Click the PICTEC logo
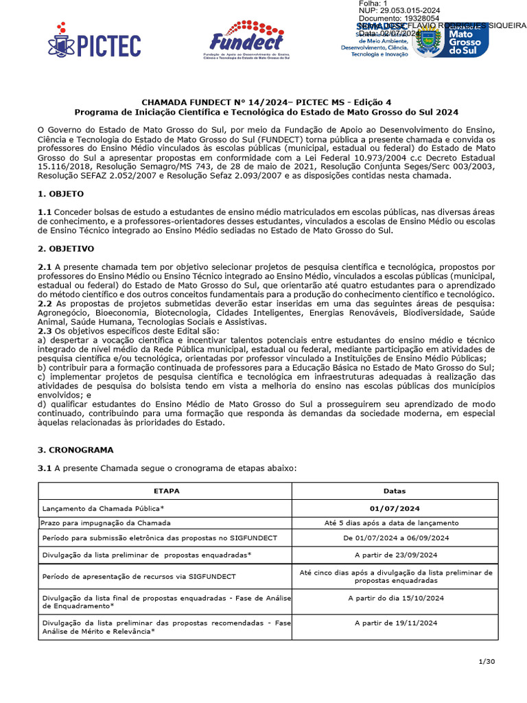click(94, 45)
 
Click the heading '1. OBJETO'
click(60, 194)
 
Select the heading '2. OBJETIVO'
click(66, 248)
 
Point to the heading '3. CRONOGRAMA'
click(75, 450)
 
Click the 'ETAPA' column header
click(165, 491)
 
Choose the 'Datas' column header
click(395, 491)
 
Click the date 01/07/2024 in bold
click(395, 508)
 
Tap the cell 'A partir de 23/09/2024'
click(395, 554)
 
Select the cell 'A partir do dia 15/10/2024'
click(395, 598)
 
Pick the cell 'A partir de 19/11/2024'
click(395, 623)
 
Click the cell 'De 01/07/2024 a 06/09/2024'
click(395, 538)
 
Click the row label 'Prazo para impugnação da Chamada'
click(106, 522)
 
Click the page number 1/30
click(485, 661)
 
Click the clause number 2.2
click(45, 303)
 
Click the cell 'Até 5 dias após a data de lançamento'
click(395, 522)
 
